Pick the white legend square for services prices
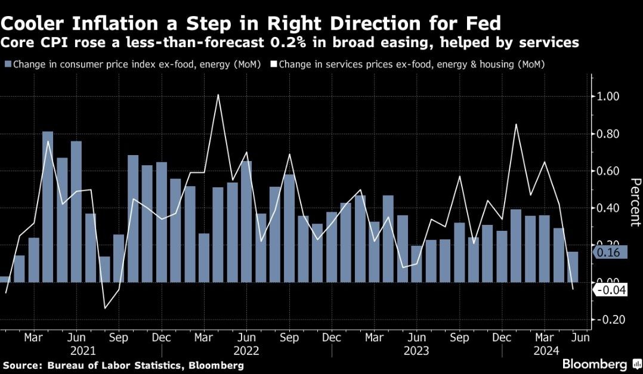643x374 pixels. (274, 64)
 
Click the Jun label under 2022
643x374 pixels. (246, 337)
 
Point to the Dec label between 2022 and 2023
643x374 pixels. (332, 337)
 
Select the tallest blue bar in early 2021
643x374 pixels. (48, 206)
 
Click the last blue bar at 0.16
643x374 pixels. (573, 267)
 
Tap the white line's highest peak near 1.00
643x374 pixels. (218, 95)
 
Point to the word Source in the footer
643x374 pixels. (18, 364)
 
